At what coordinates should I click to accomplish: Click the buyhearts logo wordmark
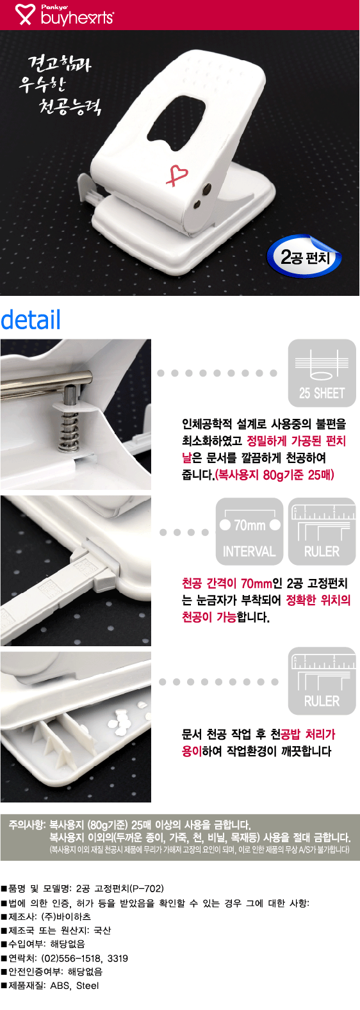point(77,17)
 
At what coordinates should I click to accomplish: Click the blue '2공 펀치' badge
point(305,257)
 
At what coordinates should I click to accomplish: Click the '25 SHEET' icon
point(322,373)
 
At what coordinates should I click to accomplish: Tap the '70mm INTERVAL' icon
point(249,531)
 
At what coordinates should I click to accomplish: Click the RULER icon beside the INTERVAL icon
point(322,531)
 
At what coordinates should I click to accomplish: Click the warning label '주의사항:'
point(27,825)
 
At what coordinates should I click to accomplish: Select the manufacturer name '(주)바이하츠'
point(66,916)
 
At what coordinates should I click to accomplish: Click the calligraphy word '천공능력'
point(69,105)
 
